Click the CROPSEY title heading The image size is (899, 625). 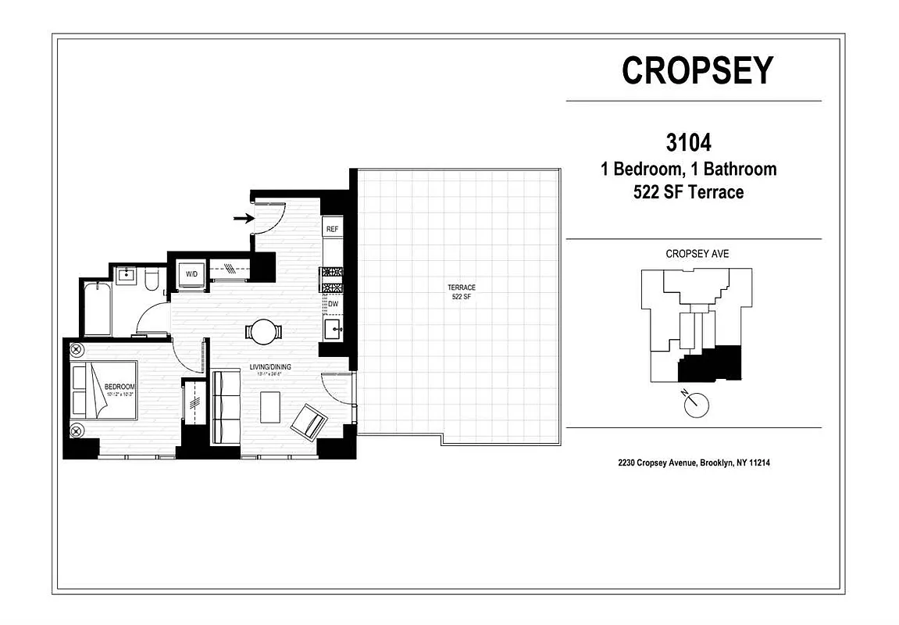pyautogui.click(x=697, y=70)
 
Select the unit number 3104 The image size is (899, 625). pyautogui.click(x=688, y=143)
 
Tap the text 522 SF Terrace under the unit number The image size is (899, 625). pyautogui.click(x=688, y=192)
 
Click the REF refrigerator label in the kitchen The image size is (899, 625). pyautogui.click(x=332, y=229)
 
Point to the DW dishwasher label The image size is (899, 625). pyautogui.click(x=333, y=304)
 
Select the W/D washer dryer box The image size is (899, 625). pyautogui.click(x=191, y=275)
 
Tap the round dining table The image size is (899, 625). pyautogui.click(x=262, y=331)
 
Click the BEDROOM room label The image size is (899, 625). pyautogui.click(x=120, y=387)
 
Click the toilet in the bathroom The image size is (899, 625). pyautogui.click(x=152, y=278)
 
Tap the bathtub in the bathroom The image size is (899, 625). pyautogui.click(x=98, y=309)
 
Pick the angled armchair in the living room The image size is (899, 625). pyautogui.click(x=309, y=423)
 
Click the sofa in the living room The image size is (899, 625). pyautogui.click(x=227, y=408)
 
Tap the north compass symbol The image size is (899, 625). pyautogui.click(x=694, y=404)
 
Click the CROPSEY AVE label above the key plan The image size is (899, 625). pyautogui.click(x=697, y=254)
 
